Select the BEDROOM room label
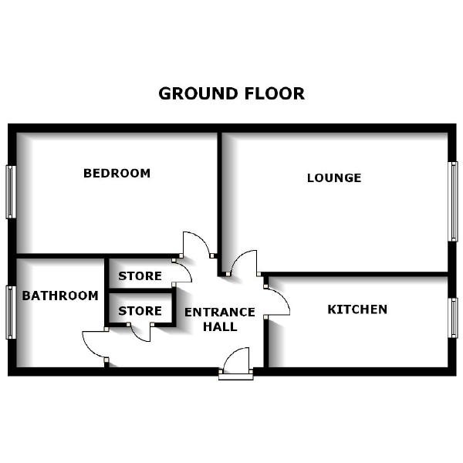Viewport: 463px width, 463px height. click(117, 173)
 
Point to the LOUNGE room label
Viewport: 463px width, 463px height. click(334, 177)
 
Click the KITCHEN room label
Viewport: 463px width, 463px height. click(357, 309)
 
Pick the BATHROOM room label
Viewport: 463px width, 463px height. click(59, 296)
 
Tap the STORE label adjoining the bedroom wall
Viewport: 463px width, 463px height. click(140, 275)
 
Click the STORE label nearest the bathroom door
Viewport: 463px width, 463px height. click(140, 311)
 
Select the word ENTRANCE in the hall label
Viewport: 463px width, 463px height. click(219, 312)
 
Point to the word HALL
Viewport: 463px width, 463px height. click(219, 326)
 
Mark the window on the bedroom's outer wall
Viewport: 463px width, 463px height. click(11, 191)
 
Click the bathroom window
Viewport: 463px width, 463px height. click(11, 311)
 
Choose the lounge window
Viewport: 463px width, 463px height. click(454, 201)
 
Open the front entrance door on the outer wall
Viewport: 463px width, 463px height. click(237, 363)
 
